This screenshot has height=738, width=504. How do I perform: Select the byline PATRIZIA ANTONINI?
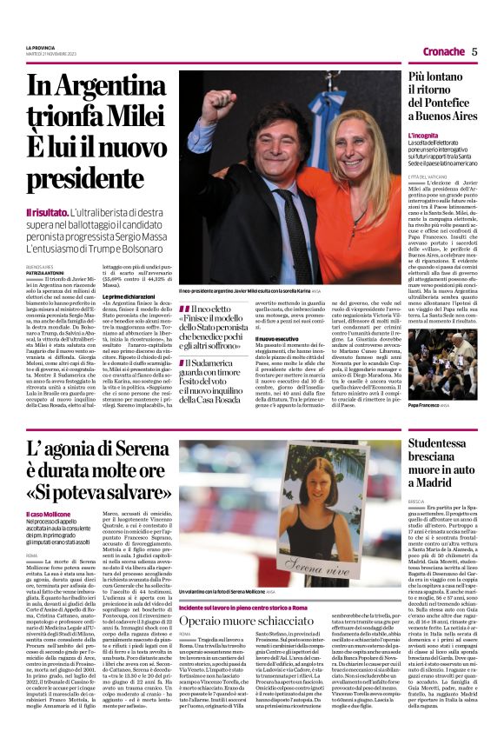tap(44, 273)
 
